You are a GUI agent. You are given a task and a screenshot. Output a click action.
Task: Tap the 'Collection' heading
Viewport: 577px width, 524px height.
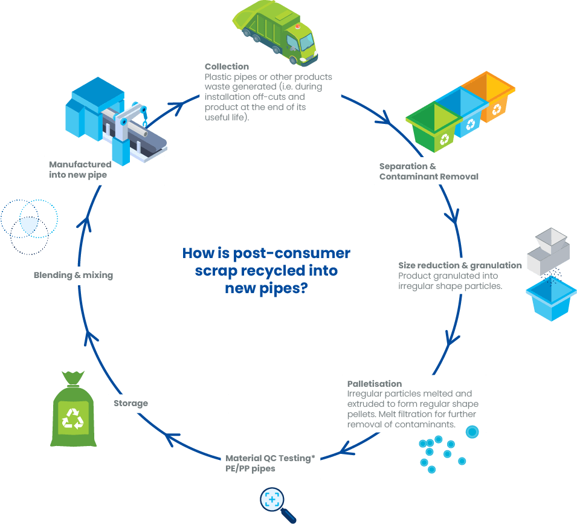(227, 66)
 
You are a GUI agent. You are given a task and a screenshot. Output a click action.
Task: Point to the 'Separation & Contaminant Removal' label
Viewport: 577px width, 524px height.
(428, 172)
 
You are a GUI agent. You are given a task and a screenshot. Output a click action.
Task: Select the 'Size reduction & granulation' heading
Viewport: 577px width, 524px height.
(460, 265)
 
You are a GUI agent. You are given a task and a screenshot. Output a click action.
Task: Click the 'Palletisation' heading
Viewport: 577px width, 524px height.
(375, 384)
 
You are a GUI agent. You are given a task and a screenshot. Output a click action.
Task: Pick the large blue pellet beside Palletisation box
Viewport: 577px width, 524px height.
(472, 432)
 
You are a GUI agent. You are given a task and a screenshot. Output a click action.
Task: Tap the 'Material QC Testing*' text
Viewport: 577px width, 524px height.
(270, 458)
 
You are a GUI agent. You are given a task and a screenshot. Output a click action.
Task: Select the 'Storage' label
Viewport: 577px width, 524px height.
(131, 403)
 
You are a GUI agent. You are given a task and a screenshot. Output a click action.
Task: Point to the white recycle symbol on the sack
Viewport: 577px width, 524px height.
(74, 417)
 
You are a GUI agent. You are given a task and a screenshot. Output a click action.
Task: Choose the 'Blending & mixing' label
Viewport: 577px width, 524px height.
(73, 275)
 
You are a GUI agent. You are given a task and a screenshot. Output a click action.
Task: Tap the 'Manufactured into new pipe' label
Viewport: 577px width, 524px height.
(80, 169)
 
